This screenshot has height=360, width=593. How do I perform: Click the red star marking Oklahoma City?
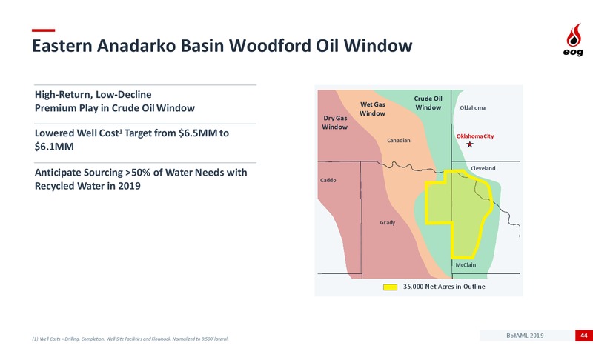(x=470, y=144)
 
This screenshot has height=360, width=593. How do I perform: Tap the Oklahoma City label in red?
(x=475, y=136)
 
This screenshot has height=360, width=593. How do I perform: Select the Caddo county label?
(x=328, y=180)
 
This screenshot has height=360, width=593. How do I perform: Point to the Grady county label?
(x=387, y=222)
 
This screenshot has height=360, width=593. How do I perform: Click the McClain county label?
(x=466, y=264)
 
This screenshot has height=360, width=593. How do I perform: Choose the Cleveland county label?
(x=483, y=168)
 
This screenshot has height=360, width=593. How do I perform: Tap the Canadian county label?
(x=399, y=140)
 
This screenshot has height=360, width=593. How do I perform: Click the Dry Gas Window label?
(x=335, y=122)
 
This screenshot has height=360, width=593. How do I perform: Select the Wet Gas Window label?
(x=373, y=109)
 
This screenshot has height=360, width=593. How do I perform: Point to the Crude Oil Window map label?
(x=428, y=103)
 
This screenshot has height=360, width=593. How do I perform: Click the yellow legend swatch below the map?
(x=391, y=287)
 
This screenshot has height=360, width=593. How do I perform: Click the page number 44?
(x=584, y=336)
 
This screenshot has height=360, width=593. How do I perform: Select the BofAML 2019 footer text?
(x=525, y=336)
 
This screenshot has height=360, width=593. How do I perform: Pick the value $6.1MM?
(x=54, y=147)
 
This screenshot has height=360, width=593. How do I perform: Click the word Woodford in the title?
(x=270, y=46)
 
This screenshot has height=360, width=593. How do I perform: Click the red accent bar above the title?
(x=44, y=30)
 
